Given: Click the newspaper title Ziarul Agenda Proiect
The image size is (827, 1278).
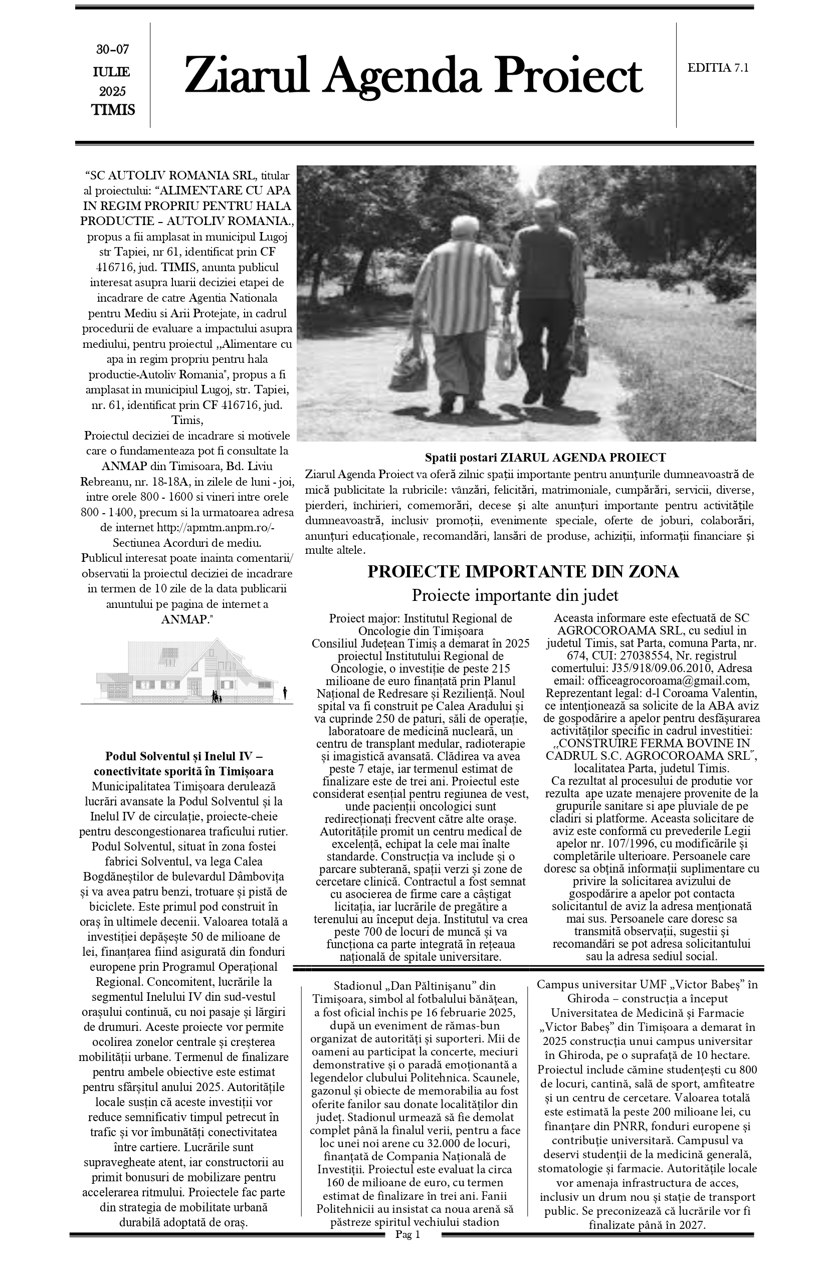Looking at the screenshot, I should click(413, 76).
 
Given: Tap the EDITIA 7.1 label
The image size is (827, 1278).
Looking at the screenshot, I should click(717, 68).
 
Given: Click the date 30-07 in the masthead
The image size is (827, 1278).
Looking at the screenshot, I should click(113, 50).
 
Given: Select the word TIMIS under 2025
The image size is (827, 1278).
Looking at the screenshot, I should click(113, 110).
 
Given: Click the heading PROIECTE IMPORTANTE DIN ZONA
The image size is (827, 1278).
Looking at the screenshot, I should click(522, 572).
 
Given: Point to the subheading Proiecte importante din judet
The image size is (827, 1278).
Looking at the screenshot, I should click(514, 595).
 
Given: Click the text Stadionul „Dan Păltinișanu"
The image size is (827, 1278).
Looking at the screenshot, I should click(406, 986).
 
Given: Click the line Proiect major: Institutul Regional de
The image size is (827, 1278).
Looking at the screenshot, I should click(421, 618).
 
